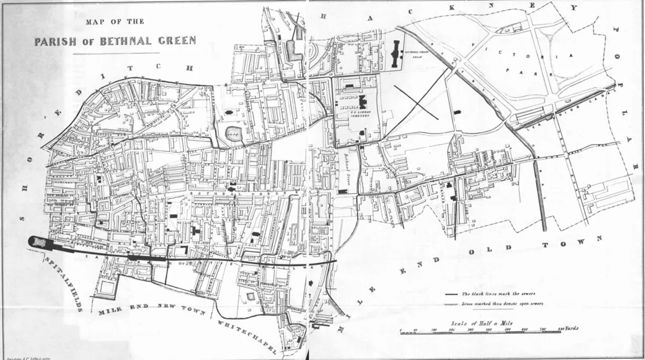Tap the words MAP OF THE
tap(114, 22)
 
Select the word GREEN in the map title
tap(176, 41)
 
